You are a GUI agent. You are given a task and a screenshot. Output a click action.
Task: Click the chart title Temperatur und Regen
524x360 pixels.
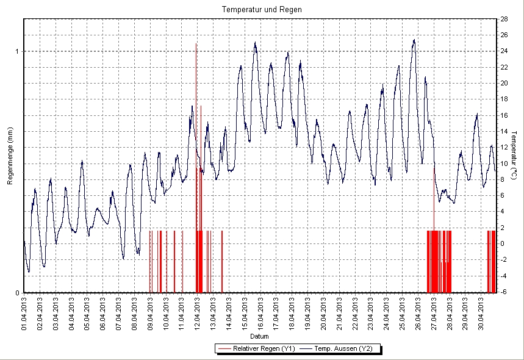click(262, 10)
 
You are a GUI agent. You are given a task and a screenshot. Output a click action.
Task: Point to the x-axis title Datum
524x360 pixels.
click(259, 336)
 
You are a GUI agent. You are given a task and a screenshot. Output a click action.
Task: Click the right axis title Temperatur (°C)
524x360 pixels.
click(514, 153)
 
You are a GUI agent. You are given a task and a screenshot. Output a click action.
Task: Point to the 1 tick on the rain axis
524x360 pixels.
click(17, 51)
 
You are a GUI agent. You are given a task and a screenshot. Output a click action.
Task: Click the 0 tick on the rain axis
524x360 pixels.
click(17, 293)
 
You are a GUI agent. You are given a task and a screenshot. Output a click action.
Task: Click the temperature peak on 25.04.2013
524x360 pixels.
click(414, 40)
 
